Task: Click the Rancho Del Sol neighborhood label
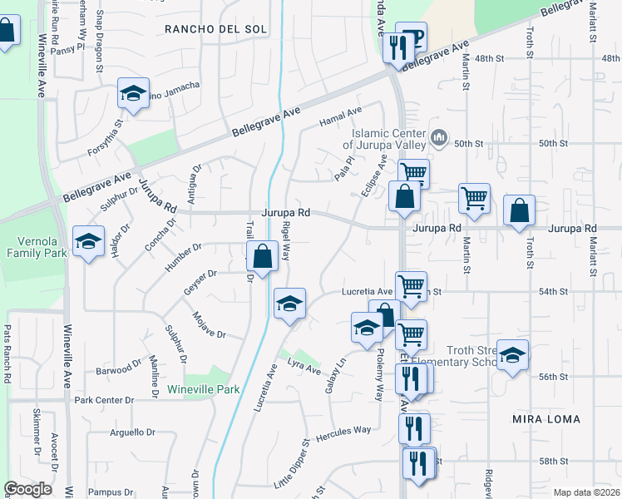(215, 29)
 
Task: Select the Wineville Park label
(203, 389)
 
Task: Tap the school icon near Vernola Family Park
(88, 242)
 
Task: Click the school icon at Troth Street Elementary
(513, 355)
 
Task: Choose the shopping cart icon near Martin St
(474, 199)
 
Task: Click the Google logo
(27, 488)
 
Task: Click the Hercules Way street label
(343, 433)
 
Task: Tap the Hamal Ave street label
(341, 116)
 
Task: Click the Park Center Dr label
(104, 400)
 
